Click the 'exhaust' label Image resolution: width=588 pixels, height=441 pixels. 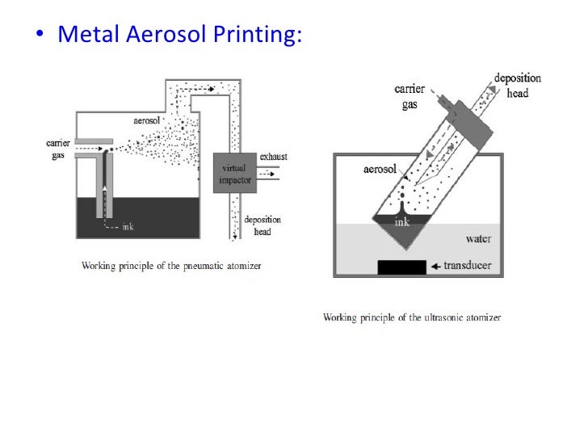coord(274,156)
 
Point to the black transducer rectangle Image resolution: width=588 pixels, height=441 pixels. coord(401,266)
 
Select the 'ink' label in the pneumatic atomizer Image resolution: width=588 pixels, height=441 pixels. coord(128,227)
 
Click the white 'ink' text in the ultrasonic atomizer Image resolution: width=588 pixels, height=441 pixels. coord(401,221)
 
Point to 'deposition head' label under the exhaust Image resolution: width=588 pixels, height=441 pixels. coord(263,224)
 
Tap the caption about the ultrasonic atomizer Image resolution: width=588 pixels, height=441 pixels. coord(412,317)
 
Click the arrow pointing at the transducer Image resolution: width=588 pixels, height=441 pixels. coord(438,266)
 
